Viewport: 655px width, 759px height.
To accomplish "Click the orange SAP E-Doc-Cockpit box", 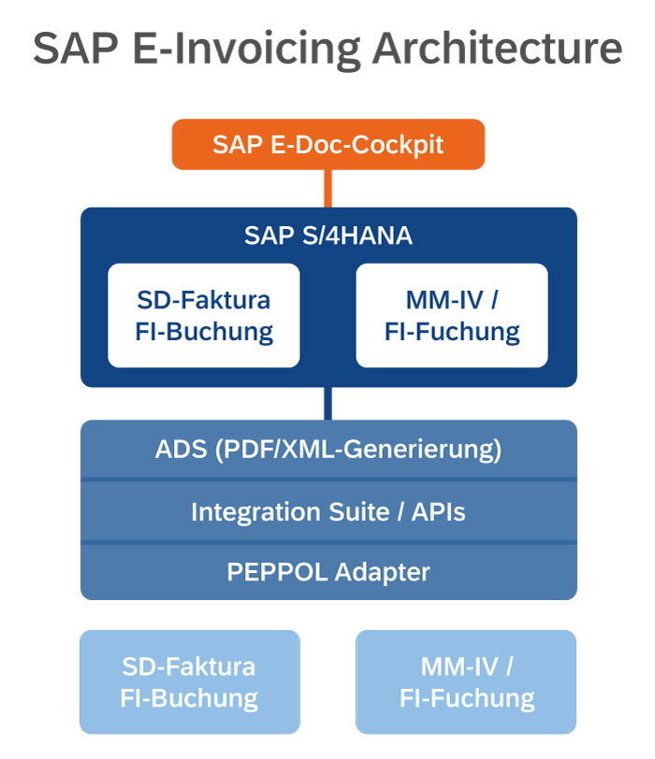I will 327,144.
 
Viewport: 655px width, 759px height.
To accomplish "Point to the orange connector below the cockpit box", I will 327,188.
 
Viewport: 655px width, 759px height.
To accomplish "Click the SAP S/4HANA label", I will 327,235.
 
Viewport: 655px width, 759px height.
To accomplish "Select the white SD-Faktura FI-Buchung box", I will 204,315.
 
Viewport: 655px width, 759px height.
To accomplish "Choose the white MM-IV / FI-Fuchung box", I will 452,315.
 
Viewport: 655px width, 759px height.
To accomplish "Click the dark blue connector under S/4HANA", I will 327,403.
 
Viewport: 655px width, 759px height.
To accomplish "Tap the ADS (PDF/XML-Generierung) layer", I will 327,450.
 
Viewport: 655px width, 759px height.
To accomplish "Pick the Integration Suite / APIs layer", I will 327,511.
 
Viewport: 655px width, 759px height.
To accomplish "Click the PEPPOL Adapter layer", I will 327,571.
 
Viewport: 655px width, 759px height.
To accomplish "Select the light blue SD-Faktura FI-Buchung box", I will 189,681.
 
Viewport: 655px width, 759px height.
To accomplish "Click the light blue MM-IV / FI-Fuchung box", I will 466,681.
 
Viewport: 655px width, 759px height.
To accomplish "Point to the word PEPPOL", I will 273,571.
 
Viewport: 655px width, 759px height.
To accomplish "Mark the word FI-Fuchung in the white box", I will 452,331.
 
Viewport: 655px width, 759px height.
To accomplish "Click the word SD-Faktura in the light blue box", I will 189,666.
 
